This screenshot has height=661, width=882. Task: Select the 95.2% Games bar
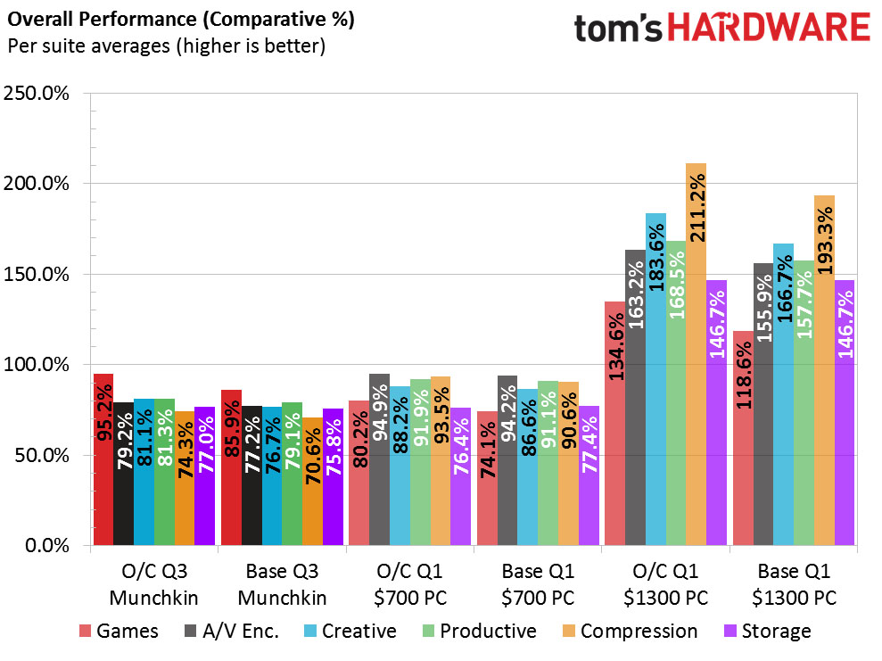(x=103, y=459)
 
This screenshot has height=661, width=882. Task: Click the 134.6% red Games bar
(x=614, y=424)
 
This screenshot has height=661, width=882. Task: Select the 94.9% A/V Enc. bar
(x=379, y=459)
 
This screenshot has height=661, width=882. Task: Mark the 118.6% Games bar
(x=742, y=438)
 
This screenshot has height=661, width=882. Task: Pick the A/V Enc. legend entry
(x=230, y=632)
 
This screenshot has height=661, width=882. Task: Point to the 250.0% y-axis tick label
(x=37, y=94)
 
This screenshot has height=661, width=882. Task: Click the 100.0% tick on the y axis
(x=37, y=365)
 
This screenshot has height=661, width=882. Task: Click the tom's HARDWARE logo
(x=721, y=29)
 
